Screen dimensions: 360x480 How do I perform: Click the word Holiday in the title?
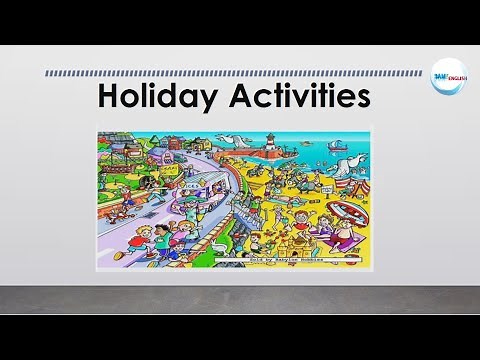155,98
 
